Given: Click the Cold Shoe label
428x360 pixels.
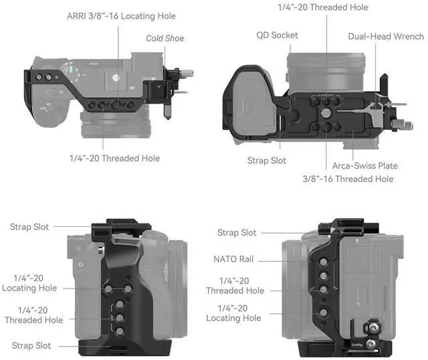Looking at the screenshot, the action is click(x=165, y=38).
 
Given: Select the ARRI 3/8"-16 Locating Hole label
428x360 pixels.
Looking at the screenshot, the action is click(x=121, y=15).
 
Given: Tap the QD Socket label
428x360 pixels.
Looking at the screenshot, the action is click(x=277, y=35).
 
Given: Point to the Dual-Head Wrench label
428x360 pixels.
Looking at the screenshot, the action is click(x=385, y=36).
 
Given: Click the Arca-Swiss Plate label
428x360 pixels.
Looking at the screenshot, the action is click(x=364, y=165).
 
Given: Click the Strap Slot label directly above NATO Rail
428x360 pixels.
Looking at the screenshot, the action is click(x=237, y=232).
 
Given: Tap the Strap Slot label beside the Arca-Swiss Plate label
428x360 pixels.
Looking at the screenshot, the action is click(x=266, y=161).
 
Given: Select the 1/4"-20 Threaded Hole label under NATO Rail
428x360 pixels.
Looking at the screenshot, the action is click(x=235, y=286).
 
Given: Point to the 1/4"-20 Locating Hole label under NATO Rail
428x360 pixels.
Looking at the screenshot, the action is click(x=233, y=312).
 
